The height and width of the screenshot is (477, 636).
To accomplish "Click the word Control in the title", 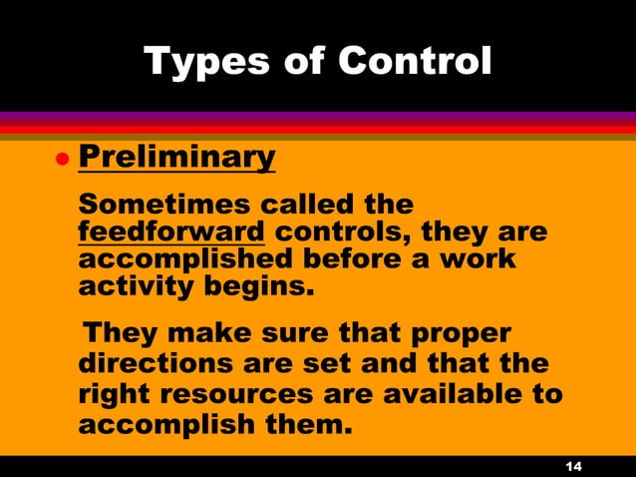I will (x=414, y=62).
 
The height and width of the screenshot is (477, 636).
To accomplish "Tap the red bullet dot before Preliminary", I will (x=60, y=159).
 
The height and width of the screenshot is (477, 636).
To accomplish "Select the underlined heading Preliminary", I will (x=175, y=157).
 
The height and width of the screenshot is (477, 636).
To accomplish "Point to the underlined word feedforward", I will (x=170, y=233).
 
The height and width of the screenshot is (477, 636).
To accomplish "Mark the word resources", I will (x=241, y=394).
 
